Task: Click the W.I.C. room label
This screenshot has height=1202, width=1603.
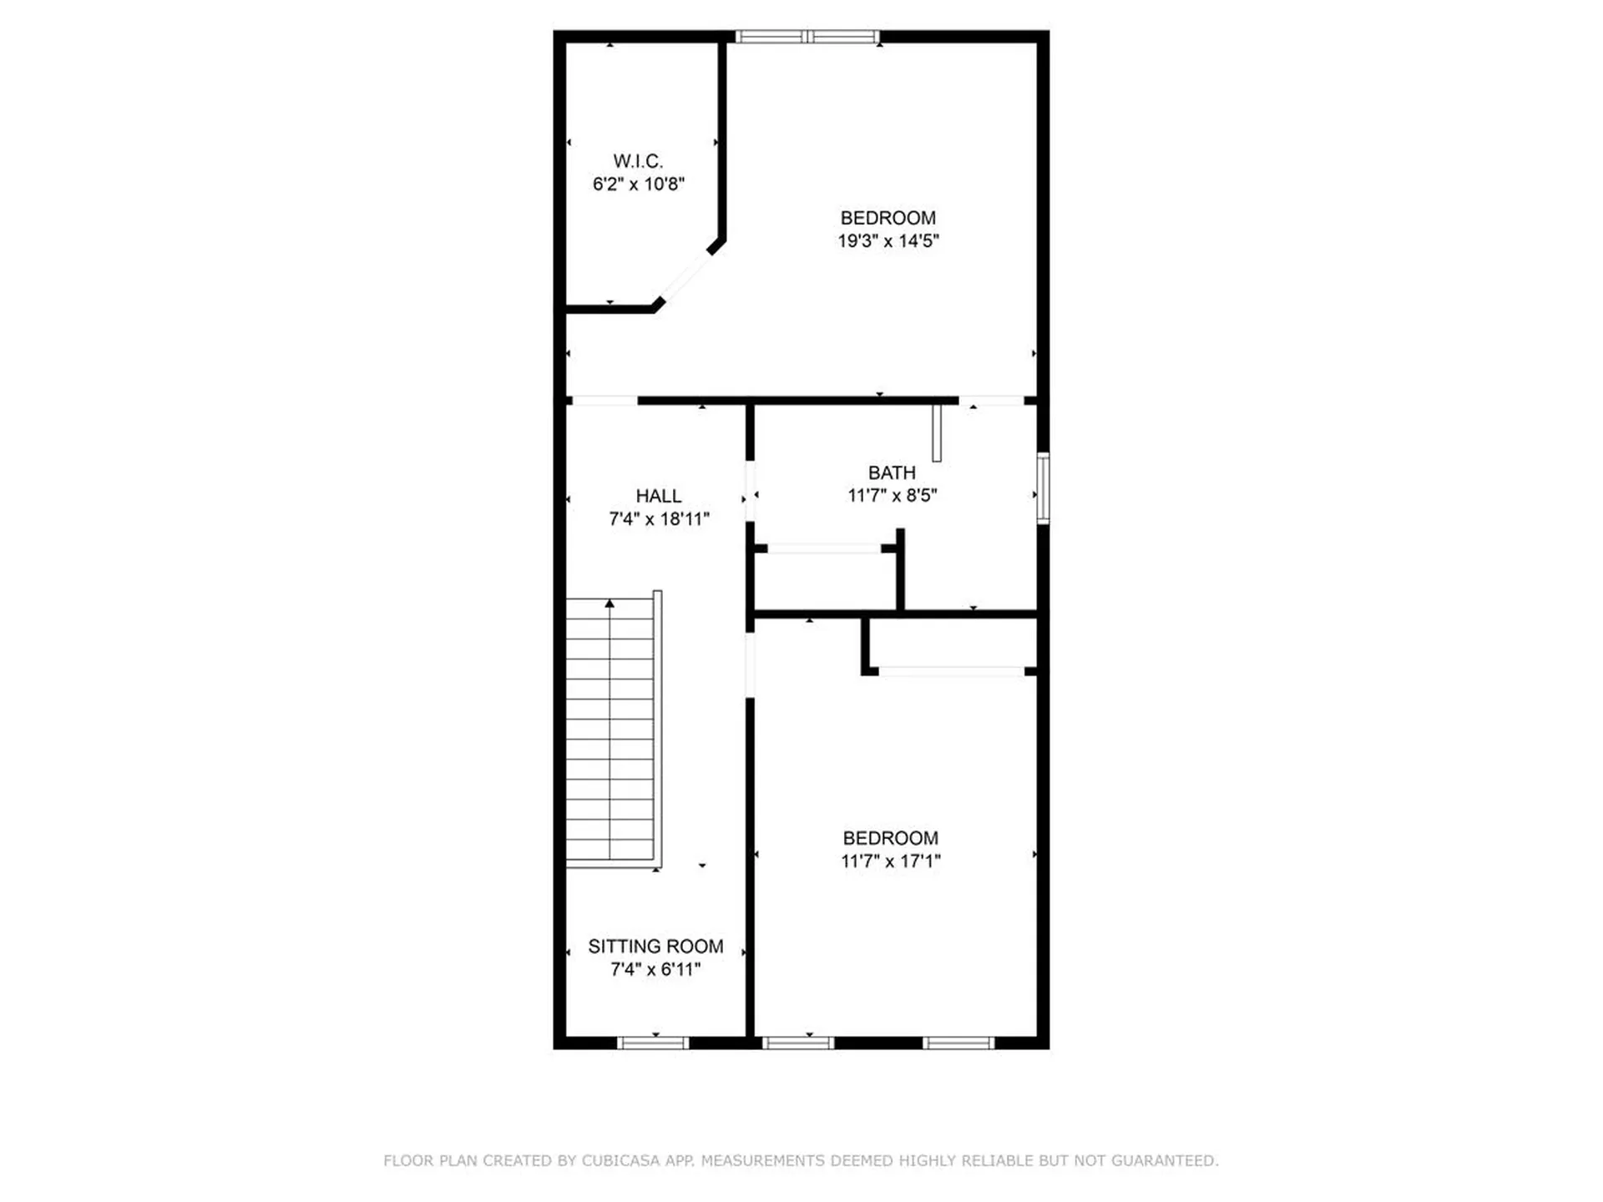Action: point(638,161)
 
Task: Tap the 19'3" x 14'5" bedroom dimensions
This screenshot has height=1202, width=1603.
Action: point(888,241)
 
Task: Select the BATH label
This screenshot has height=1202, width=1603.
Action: point(892,472)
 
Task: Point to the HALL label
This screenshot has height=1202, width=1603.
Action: point(658,496)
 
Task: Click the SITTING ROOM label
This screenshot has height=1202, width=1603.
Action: point(655,947)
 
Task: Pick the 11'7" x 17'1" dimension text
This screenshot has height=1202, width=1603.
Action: point(890,861)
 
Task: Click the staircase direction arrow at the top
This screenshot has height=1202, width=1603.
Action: point(609,604)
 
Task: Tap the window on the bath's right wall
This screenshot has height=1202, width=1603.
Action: point(1043,488)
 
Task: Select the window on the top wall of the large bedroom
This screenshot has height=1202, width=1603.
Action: point(807,37)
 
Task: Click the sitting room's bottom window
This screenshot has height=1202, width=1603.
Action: point(653,1043)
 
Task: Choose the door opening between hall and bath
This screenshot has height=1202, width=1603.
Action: point(750,492)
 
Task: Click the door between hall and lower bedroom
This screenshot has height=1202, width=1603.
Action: point(750,665)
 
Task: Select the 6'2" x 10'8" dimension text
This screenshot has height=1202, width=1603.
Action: point(638,184)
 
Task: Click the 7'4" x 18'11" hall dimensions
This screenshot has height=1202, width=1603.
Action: point(658,519)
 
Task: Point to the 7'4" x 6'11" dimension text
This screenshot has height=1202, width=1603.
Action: point(655,970)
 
